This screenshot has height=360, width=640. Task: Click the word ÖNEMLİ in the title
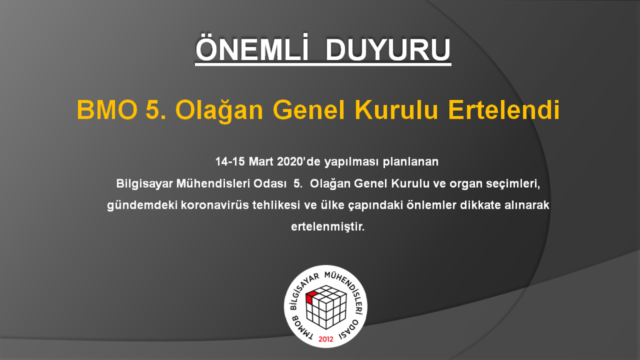[x=252, y=48]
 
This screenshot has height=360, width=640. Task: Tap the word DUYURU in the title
[x=387, y=50]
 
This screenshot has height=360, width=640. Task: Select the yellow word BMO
[x=107, y=110]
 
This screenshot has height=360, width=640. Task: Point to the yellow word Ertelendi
[x=504, y=110]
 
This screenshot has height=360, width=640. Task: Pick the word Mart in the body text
[x=261, y=162]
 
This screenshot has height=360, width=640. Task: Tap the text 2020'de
[x=299, y=162]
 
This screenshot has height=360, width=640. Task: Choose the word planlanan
[x=410, y=162]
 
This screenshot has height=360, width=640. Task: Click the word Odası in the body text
[x=270, y=184]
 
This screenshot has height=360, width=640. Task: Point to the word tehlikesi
[x=276, y=205]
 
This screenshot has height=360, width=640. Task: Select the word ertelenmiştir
[x=327, y=226]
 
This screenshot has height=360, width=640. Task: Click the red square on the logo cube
[x=312, y=297]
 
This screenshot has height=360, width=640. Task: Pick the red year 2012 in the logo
[x=326, y=339]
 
